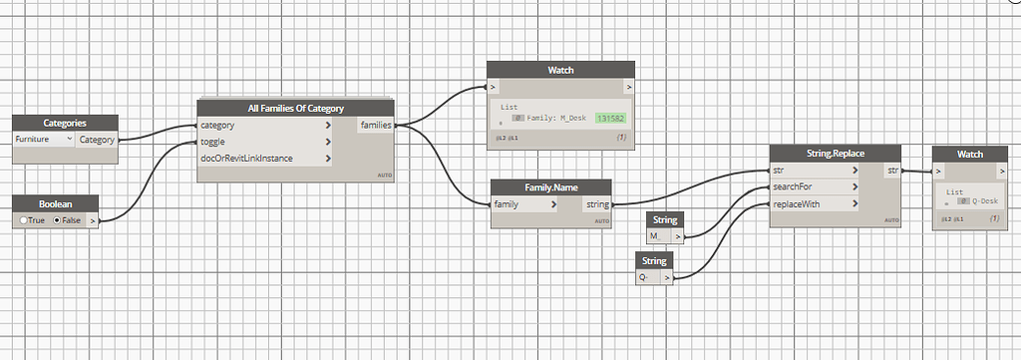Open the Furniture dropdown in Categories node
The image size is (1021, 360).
(44, 140)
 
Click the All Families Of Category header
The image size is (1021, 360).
(295, 108)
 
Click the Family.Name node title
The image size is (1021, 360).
(550, 187)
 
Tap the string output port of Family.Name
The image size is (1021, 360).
(598, 204)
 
